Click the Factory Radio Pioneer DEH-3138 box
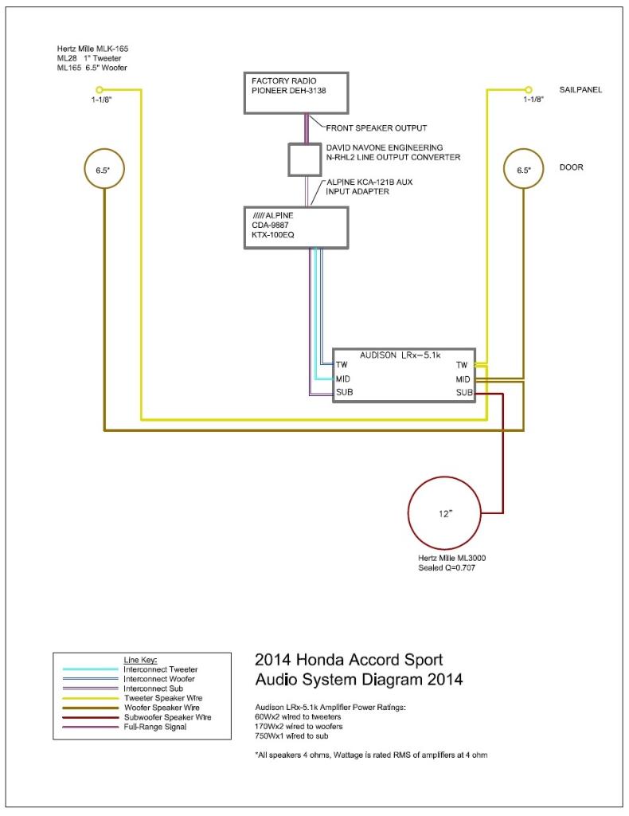[297, 92]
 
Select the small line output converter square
[304, 159]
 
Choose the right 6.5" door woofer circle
[525, 170]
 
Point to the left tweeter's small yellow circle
[99, 89]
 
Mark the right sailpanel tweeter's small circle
[526, 89]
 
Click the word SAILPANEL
[581, 90]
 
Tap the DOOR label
[571, 168]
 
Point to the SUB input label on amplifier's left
[344, 393]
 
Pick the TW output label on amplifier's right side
[463, 364]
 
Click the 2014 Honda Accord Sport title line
[348, 660]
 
